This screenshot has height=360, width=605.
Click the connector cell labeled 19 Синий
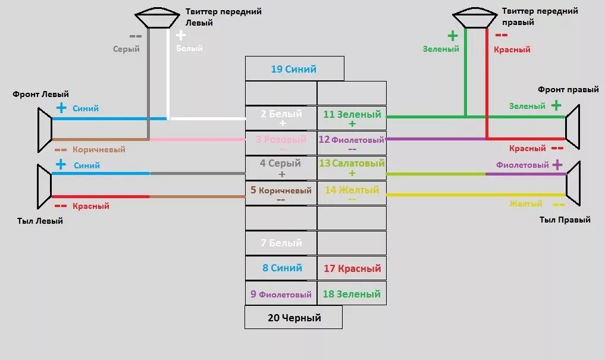coord(294,69)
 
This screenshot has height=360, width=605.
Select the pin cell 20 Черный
coord(294,318)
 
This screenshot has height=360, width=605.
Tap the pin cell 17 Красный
coord(352,268)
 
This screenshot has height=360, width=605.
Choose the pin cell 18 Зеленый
coord(352,294)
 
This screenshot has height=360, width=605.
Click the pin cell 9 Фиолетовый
coord(281,294)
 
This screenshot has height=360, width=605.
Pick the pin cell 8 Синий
coord(281,268)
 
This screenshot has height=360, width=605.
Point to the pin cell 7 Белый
coord(281,243)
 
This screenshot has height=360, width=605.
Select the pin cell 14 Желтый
coord(352,193)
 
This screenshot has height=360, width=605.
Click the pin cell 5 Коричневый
coord(281,193)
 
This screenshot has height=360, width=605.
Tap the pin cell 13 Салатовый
coord(352,167)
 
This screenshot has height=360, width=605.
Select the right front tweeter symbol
coord(474,17)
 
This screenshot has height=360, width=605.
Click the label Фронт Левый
coord(40,94)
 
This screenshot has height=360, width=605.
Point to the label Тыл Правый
coord(565,220)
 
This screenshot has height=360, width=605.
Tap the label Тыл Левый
coord(40,221)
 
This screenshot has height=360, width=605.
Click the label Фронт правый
coord(568,89)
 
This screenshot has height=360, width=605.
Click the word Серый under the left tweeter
coord(126,49)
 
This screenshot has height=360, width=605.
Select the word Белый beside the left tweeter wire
coord(189,48)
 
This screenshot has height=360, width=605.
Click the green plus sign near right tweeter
coord(452,35)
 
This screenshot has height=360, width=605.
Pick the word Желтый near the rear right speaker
coord(526,204)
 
